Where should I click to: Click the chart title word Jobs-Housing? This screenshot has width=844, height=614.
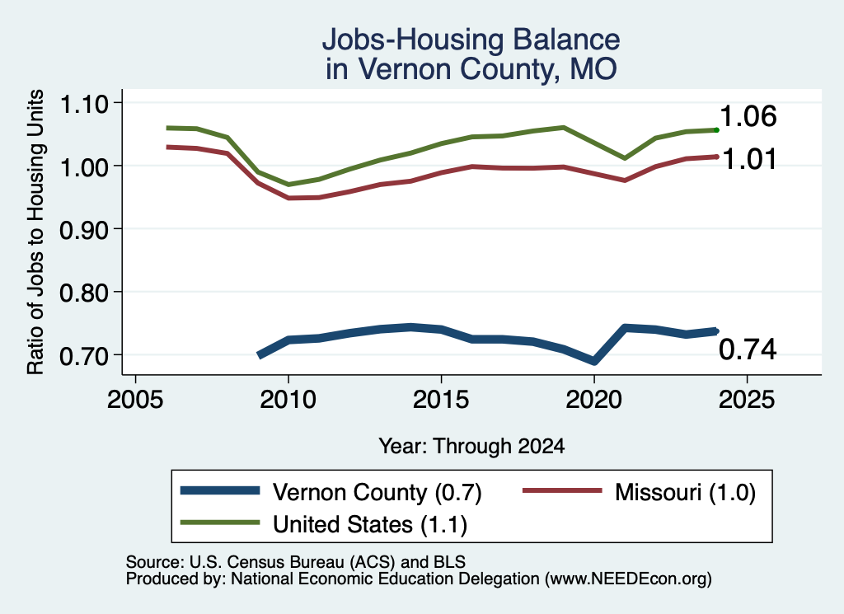413,40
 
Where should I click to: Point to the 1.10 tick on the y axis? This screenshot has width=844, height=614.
84,104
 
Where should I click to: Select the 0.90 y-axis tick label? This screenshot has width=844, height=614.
84,230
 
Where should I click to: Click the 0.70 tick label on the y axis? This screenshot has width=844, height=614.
84,356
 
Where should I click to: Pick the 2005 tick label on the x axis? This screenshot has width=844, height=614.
136,400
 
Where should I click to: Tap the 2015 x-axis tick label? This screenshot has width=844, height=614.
442,400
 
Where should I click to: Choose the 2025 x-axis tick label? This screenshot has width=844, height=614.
747,400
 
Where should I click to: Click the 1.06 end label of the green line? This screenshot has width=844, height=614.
748,116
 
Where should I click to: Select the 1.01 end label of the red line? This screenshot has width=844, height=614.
748,159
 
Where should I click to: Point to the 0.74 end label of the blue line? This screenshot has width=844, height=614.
748,349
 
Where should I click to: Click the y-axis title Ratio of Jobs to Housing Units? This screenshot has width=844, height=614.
35,232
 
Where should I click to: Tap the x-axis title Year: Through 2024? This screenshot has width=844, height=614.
471,446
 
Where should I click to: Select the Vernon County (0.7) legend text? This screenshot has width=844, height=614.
377,492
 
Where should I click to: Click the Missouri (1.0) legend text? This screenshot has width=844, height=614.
685,492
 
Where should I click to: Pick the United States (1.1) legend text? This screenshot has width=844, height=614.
370,524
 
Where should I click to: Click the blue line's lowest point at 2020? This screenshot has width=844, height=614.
594,360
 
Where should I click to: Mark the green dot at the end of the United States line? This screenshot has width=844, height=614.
716,129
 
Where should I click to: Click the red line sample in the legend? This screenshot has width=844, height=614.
562,490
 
